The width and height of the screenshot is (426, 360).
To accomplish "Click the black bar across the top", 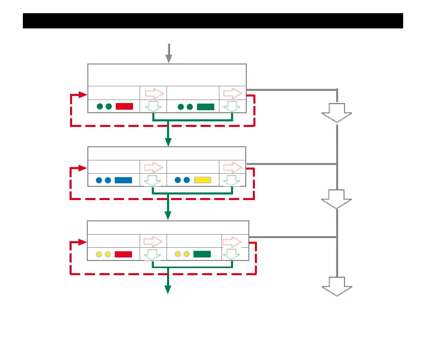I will pyautogui.click(x=213, y=21).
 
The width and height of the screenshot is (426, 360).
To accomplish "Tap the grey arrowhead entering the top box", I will pyautogui.click(x=169, y=59).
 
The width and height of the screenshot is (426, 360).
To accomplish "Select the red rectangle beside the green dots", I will pyautogui.click(x=124, y=107).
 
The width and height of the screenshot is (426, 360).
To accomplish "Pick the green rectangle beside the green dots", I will pyautogui.click(x=206, y=107).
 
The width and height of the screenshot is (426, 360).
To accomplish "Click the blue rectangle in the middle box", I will pyautogui.click(x=123, y=180).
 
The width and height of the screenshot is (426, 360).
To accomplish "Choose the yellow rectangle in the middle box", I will pyautogui.click(x=203, y=180).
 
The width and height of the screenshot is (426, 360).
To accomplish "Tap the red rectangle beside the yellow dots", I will pyautogui.click(x=123, y=254).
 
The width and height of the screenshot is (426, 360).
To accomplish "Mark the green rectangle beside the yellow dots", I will pyautogui.click(x=202, y=254).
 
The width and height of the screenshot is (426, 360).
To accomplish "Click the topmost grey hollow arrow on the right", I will pyautogui.click(x=337, y=112).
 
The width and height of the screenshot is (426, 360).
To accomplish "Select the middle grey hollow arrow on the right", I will pyautogui.click(x=337, y=199).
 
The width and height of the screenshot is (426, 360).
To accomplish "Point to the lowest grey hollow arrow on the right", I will pyautogui.click(x=337, y=286).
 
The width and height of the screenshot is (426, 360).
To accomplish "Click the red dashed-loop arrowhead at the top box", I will pyautogui.click(x=83, y=94).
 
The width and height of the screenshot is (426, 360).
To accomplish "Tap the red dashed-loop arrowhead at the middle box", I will pyautogui.click(x=83, y=168).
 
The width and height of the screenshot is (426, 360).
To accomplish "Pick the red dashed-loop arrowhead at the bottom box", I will pyautogui.click(x=83, y=243).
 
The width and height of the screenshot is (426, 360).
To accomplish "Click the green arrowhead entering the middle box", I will pyautogui.click(x=168, y=142).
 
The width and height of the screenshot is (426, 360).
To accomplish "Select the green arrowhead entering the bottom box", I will pyautogui.click(x=168, y=216).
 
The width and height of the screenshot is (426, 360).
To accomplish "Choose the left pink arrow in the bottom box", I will pyautogui.click(x=153, y=241).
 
